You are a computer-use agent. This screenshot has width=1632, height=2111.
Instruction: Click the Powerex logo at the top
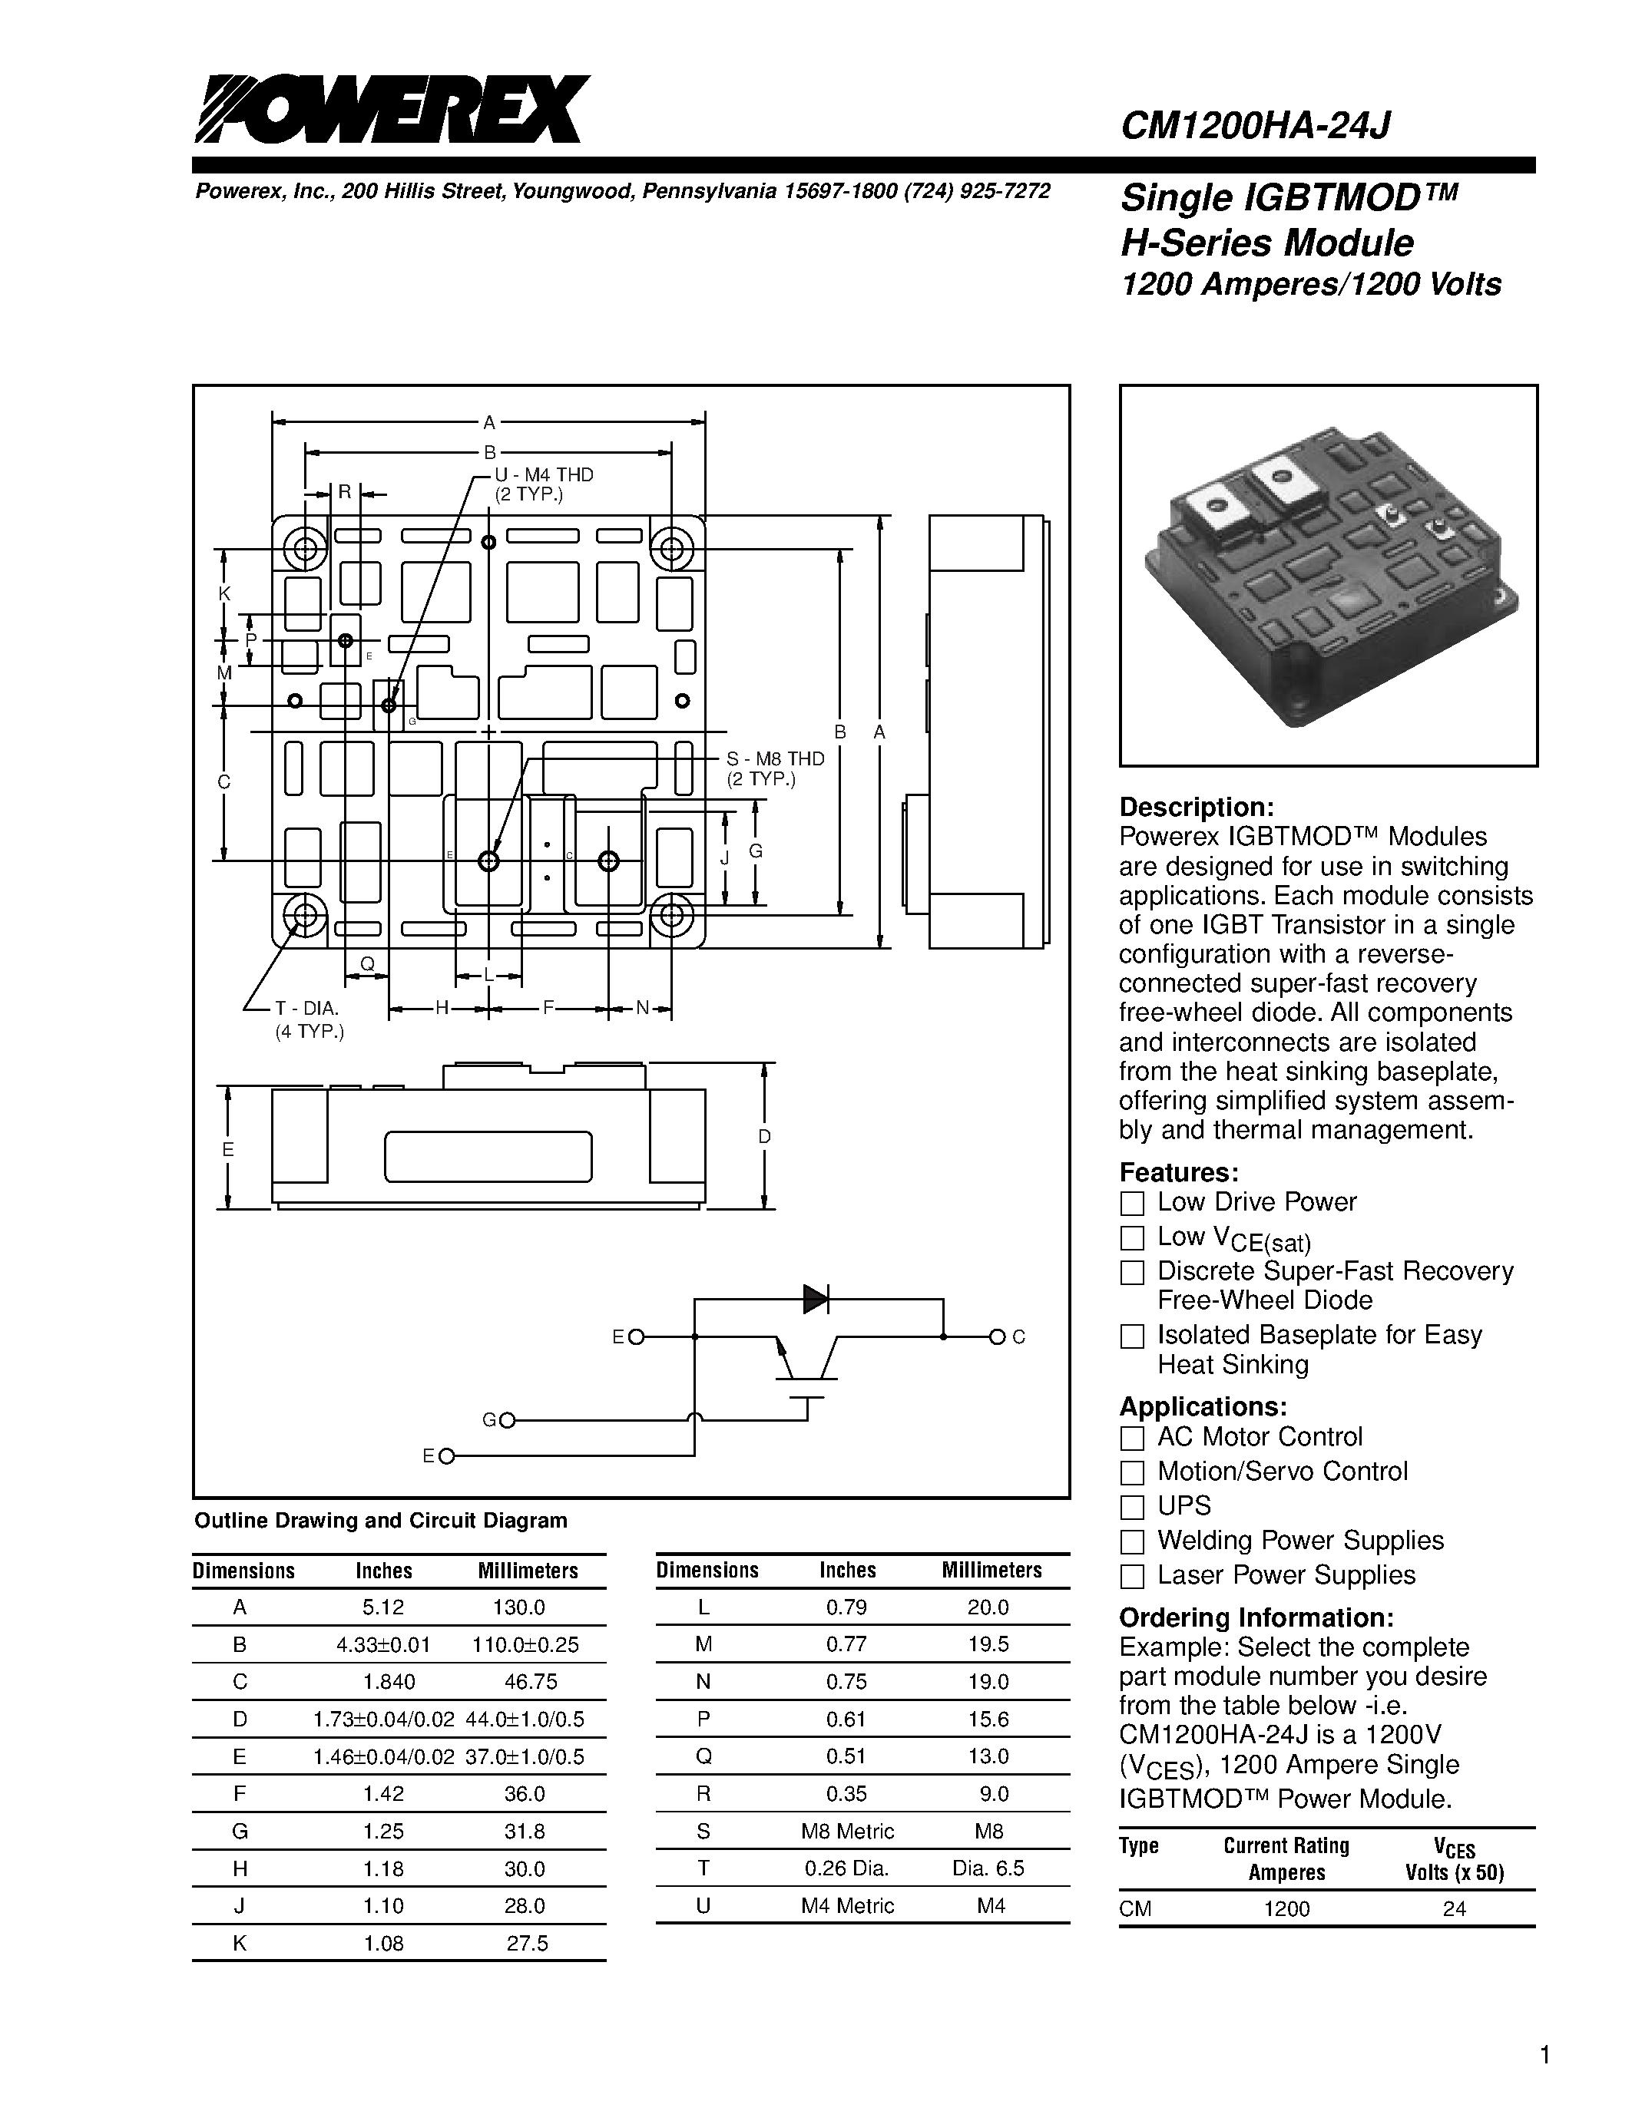tap(392, 109)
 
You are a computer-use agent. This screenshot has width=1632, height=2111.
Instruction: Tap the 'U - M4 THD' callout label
tap(543, 474)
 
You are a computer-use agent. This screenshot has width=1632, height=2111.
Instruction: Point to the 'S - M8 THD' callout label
tap(776, 758)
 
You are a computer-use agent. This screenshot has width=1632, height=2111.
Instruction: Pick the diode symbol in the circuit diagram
tap(815, 1299)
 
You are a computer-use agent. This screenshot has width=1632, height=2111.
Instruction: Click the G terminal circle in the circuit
tap(507, 1420)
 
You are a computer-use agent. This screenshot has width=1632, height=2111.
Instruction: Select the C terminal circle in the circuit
tap(997, 1336)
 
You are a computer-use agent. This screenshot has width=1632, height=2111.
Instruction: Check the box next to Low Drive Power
tap(1131, 1204)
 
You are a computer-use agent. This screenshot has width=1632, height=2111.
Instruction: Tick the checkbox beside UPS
tap(1131, 1507)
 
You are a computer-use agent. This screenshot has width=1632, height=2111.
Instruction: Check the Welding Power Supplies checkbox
tap(1131, 1541)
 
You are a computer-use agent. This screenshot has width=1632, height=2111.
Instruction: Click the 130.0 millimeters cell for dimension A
tap(519, 1607)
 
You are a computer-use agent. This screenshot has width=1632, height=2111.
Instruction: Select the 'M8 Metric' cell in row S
tap(847, 1832)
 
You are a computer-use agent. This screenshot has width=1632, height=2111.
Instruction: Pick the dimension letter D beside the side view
tap(764, 1137)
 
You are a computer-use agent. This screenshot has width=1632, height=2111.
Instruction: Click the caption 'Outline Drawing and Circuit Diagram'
tap(381, 1521)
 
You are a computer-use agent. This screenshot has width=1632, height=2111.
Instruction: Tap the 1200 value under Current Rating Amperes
tap(1286, 1909)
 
